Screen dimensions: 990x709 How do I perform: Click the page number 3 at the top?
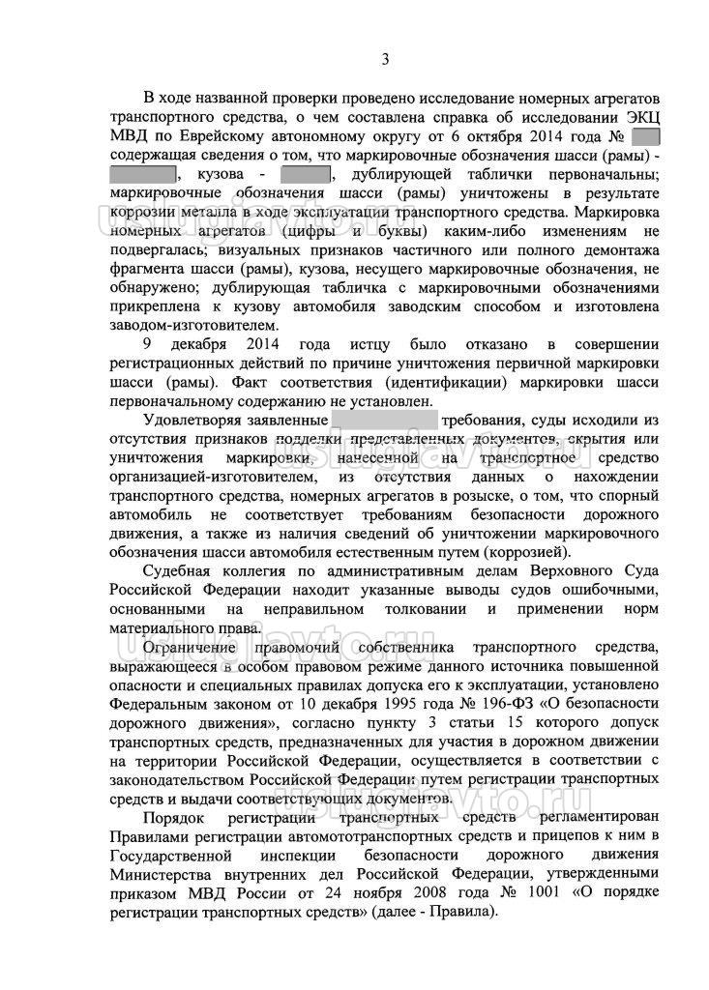[x=384, y=59]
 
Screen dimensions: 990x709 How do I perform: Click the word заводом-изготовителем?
[x=194, y=326]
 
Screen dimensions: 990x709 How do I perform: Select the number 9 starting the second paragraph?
[x=147, y=345]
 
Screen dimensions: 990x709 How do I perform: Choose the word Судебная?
[x=182, y=571]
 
